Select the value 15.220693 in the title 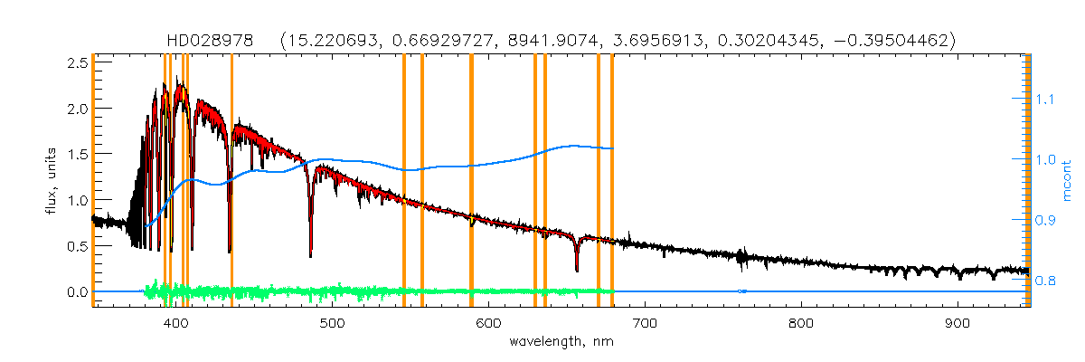pos(327,41)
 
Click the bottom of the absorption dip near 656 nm pos(577,270)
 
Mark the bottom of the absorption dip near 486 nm pos(311,256)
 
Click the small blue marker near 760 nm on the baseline pos(741,291)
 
